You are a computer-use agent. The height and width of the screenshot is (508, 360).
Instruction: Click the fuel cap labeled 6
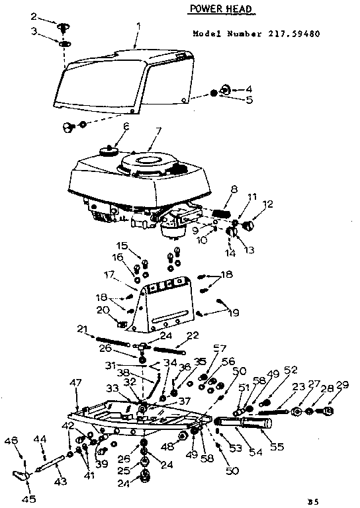tap(107, 151)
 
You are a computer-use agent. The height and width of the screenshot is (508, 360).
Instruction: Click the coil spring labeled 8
tap(222, 212)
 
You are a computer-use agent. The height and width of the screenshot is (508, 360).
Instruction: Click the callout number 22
tap(193, 337)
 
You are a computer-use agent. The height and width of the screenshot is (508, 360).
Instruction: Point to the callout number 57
tap(218, 348)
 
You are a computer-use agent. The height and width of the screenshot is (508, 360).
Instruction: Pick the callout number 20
tap(103, 310)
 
